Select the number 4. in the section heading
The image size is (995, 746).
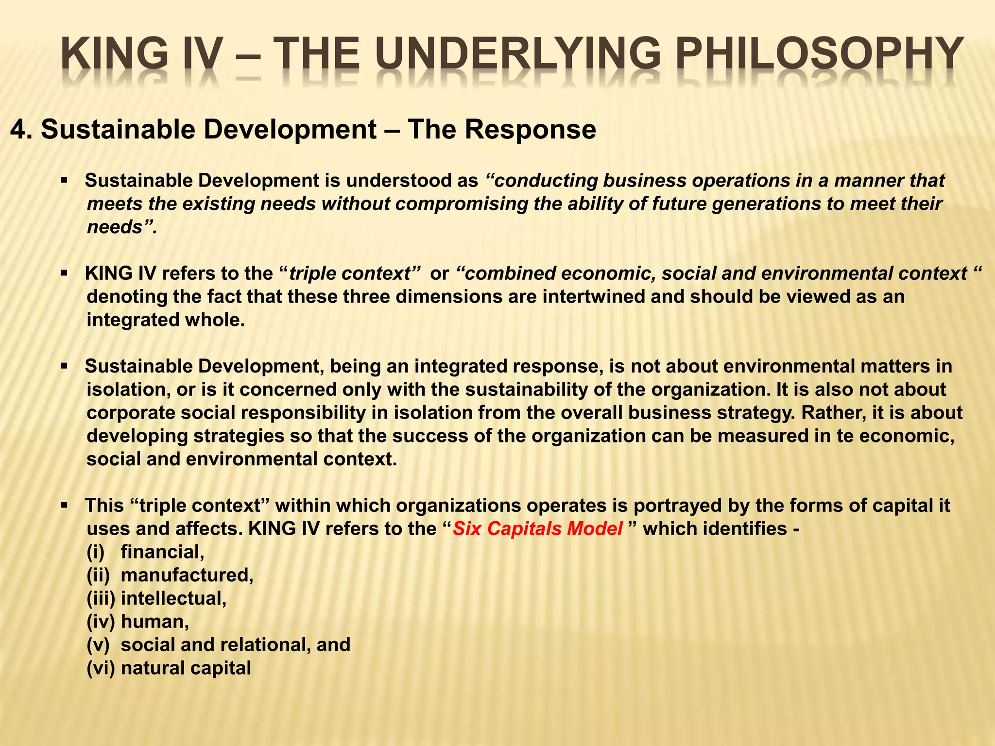21,130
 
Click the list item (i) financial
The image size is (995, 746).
146,552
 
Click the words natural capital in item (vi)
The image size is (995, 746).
186,668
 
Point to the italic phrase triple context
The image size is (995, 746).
350,274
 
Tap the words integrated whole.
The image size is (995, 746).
166,321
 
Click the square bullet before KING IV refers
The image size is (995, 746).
64,274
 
